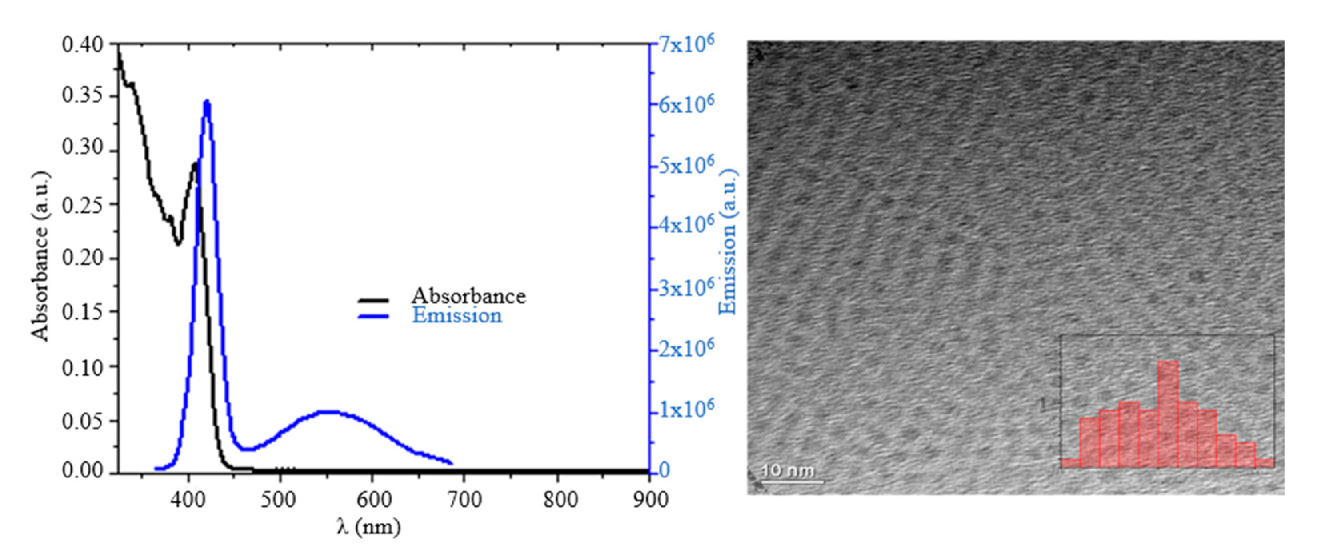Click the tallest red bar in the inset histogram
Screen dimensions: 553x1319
click(1168, 414)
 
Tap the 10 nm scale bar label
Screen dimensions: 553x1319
click(787, 470)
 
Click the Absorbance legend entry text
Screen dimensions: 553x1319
click(468, 296)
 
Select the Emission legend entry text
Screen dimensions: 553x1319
click(457, 316)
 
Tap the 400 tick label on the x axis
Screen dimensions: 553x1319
click(188, 499)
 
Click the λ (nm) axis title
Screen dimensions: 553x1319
click(369, 526)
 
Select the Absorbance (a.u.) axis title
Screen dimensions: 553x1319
click(40, 256)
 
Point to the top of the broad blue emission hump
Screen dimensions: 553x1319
click(328, 411)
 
